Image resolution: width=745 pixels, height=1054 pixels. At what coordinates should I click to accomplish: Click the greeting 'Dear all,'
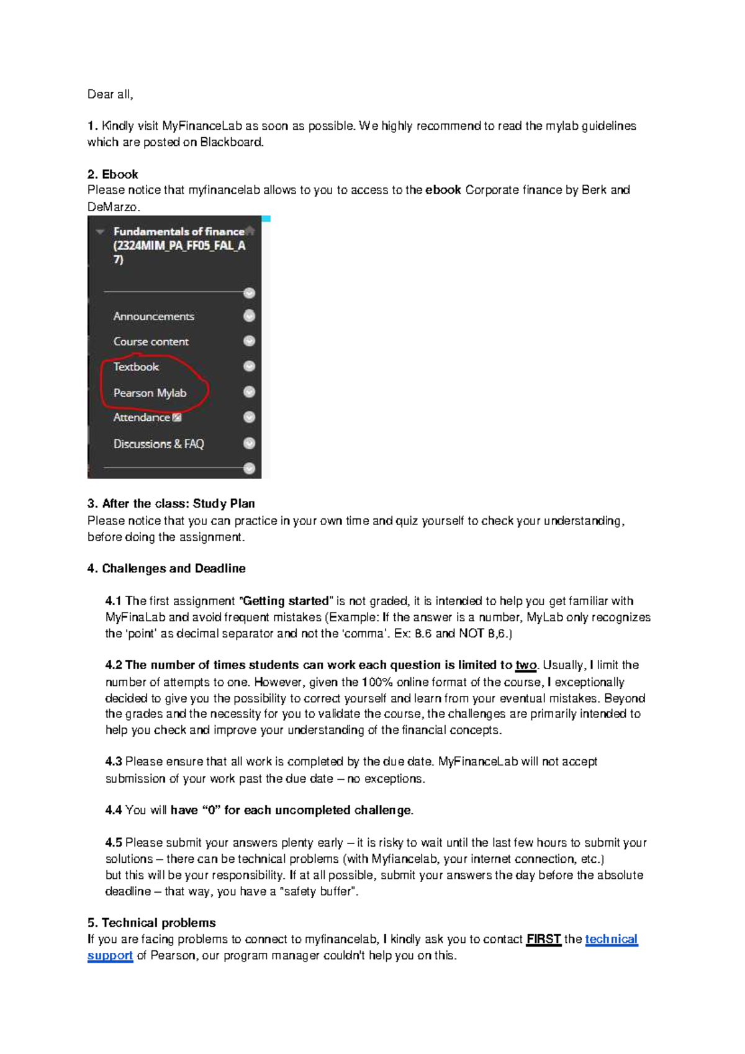110,94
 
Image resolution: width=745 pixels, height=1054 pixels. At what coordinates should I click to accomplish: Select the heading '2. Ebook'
112,174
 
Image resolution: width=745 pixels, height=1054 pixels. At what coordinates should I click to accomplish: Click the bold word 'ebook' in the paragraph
443,190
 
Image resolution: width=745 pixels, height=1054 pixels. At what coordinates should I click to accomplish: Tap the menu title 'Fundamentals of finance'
179,232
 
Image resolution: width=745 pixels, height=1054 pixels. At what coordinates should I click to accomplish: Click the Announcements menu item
153,317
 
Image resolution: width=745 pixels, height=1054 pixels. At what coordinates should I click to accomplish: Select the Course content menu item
151,342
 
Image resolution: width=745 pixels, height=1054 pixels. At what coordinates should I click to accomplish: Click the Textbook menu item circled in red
136,367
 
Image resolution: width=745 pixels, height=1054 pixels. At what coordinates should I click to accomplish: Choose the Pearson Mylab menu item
150,393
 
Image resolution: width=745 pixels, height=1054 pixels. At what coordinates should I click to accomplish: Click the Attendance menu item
142,418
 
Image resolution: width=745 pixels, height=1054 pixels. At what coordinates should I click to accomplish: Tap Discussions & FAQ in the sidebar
158,444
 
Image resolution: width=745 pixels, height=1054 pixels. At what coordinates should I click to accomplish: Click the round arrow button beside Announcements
250,316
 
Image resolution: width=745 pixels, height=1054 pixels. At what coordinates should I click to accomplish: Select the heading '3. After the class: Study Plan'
171,503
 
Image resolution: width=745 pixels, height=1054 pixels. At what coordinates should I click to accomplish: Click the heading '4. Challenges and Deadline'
166,569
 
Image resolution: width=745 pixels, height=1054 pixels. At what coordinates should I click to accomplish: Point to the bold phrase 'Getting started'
286,601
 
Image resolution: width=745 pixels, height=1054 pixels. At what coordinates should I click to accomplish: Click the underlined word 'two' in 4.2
525,665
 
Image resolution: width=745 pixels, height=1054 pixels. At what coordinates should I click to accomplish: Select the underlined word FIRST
543,939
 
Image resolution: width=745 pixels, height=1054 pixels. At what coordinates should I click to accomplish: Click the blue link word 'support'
110,956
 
